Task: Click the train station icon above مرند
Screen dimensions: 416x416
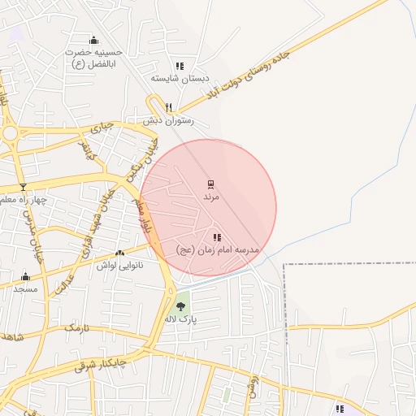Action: tap(210, 184)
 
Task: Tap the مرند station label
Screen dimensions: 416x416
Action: tap(210, 197)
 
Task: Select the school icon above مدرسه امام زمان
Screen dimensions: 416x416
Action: tap(217, 237)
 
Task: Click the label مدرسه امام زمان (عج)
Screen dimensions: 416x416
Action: tap(217, 250)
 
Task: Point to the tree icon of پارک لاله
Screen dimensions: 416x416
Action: tap(180, 305)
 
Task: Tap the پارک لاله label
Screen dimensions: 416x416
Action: tap(182, 319)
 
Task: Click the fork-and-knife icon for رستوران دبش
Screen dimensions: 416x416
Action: tap(169, 107)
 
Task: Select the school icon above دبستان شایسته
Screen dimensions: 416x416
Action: tap(180, 66)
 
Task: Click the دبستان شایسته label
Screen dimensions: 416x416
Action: tap(180, 79)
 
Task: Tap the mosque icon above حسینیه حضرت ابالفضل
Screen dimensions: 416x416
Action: tap(93, 41)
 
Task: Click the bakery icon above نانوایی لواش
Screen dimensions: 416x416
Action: tap(120, 253)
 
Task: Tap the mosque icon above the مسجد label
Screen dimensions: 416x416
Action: tap(25, 276)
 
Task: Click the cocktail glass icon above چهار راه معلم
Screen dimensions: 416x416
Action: tap(23, 187)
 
